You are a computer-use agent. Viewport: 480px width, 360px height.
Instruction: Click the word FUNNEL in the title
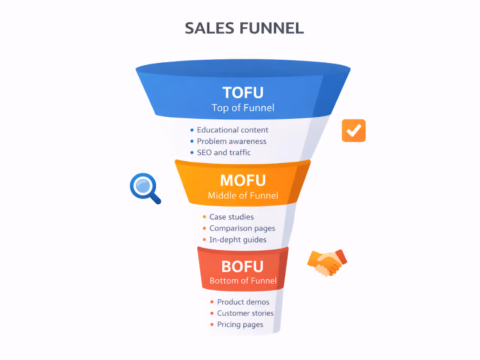(271, 28)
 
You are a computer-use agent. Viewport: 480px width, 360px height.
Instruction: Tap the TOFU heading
(243, 93)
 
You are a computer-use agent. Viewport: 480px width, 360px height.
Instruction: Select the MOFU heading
(243, 180)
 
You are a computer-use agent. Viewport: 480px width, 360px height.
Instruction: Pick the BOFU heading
(243, 267)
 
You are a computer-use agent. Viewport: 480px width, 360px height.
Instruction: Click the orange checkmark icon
(354, 130)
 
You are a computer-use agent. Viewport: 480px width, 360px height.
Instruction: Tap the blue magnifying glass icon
(144, 187)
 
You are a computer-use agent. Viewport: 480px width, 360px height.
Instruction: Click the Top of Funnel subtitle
(243, 108)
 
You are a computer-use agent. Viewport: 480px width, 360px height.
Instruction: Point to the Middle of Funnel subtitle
(243, 195)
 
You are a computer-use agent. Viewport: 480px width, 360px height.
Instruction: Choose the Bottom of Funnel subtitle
(243, 280)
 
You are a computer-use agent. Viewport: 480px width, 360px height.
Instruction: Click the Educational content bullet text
(232, 130)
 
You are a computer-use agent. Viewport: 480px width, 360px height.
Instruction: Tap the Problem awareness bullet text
(231, 141)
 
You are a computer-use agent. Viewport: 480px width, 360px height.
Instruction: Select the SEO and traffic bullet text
(223, 153)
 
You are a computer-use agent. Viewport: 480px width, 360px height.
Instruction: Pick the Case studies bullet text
(231, 217)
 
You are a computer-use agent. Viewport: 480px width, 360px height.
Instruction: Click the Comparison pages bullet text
(242, 228)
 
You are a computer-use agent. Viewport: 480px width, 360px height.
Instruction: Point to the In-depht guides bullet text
(238, 240)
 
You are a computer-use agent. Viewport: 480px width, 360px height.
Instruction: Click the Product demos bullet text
(243, 302)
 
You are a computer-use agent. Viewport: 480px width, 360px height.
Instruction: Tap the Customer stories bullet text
(245, 313)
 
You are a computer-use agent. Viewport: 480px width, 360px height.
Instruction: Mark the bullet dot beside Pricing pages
(212, 324)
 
